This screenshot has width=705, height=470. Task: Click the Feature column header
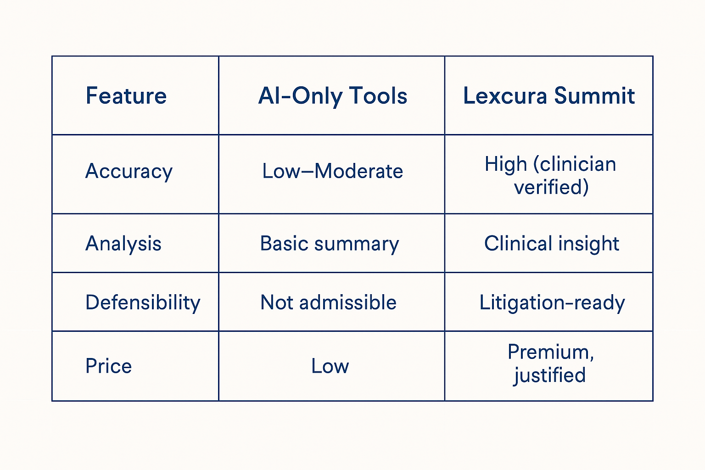pyautogui.click(x=126, y=96)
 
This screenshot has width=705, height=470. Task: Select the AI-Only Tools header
pyautogui.click(x=333, y=96)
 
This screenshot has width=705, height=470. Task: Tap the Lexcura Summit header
pyautogui.click(x=549, y=96)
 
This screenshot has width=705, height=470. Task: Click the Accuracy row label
pyautogui.click(x=129, y=172)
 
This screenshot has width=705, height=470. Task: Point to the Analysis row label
pyautogui.click(x=123, y=243)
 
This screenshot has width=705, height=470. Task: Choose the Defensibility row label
pyautogui.click(x=143, y=302)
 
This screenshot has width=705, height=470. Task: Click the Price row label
pyautogui.click(x=109, y=366)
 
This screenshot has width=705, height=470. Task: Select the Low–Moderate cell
pyautogui.click(x=333, y=172)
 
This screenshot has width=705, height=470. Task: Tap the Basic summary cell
pyautogui.click(x=330, y=244)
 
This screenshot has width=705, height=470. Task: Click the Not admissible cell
pyautogui.click(x=329, y=302)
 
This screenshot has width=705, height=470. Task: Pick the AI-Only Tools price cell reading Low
pyautogui.click(x=330, y=366)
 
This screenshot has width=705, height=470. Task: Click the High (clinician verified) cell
pyautogui.click(x=550, y=175)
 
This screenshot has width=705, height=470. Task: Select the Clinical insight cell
pyautogui.click(x=552, y=244)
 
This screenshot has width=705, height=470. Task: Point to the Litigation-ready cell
pyautogui.click(x=552, y=303)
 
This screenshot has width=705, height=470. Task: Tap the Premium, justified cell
pyautogui.click(x=550, y=364)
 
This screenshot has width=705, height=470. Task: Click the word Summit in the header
pyautogui.click(x=594, y=96)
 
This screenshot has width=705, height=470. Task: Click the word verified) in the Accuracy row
pyautogui.click(x=551, y=187)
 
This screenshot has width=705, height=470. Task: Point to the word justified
pyautogui.click(x=550, y=375)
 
